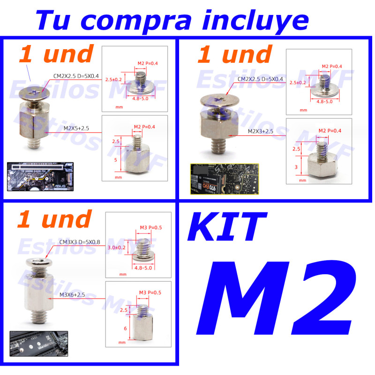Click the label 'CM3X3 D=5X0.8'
click(x=79, y=242)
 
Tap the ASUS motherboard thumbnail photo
click(x=40, y=174)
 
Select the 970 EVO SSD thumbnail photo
click(x=224, y=179)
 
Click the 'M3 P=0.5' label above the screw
click(x=150, y=228)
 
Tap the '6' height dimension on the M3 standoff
click(x=125, y=329)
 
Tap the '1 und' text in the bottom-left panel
click(x=54, y=219)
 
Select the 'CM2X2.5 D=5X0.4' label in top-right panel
click(x=261, y=79)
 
